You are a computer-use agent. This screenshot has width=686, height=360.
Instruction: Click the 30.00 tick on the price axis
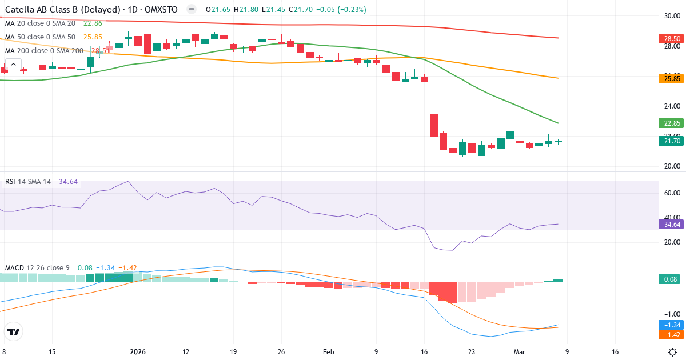point(671,16)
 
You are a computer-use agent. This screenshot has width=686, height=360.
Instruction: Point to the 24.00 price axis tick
point(671,106)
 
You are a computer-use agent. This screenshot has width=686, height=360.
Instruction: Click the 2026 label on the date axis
point(138,352)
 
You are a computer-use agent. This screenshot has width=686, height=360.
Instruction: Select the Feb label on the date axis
point(329,352)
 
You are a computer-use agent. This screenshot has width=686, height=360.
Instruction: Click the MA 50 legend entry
point(40,37)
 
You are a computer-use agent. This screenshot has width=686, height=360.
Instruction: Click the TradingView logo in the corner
point(13,331)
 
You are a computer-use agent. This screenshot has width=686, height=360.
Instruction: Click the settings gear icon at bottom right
point(672,352)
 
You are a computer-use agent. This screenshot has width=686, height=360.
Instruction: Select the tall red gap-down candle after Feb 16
point(434,125)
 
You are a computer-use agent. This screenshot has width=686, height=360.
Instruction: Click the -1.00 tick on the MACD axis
point(671,314)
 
